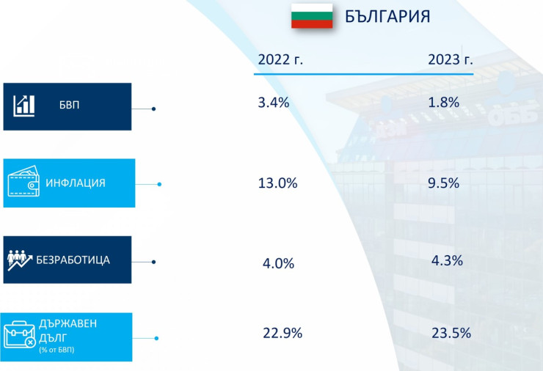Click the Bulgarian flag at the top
pyautogui.click(x=312, y=16)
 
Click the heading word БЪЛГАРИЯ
pyautogui.click(x=387, y=17)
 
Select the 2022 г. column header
pyautogui.click(x=280, y=60)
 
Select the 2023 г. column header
pyautogui.click(x=451, y=60)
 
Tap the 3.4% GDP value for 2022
pyautogui.click(x=274, y=103)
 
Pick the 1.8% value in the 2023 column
pyautogui.click(x=444, y=103)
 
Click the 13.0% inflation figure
pyautogui.click(x=277, y=183)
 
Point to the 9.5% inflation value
pyautogui.click(x=444, y=183)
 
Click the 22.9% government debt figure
pyautogui.click(x=283, y=334)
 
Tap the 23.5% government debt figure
pyautogui.click(x=451, y=334)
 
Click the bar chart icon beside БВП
pyautogui.click(x=24, y=106)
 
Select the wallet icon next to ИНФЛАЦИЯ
pyautogui.click(x=23, y=183)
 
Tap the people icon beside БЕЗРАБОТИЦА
pyautogui.click(x=21, y=260)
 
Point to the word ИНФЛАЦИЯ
pyautogui.click(x=76, y=183)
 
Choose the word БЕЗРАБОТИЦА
pyautogui.click(x=73, y=260)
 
